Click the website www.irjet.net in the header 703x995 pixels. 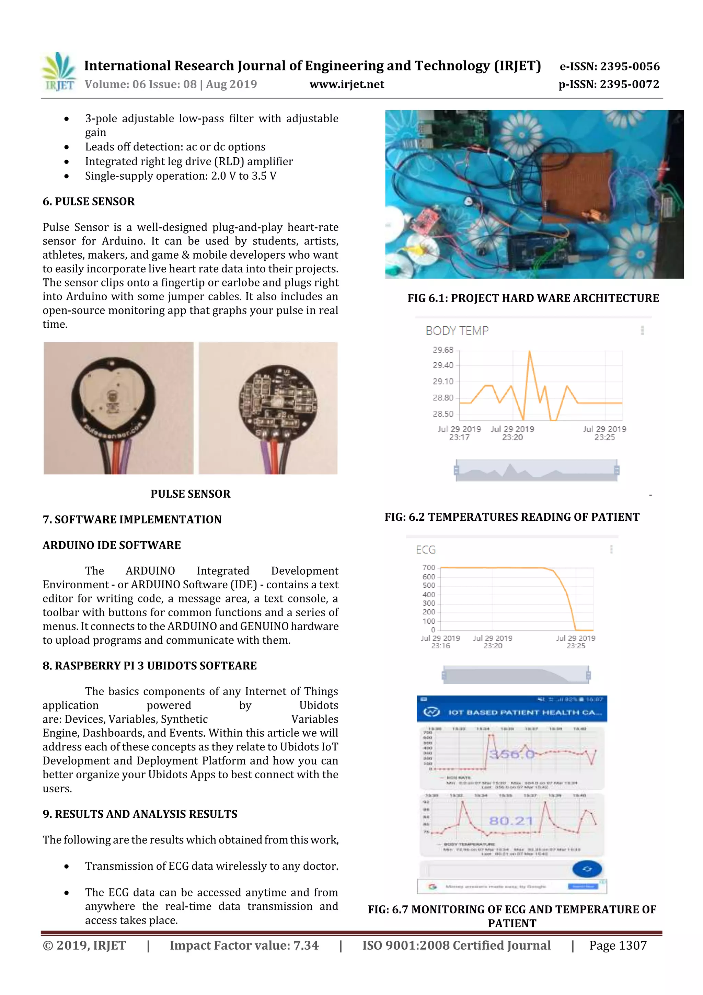[346, 84]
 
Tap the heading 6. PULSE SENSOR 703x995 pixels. [89, 202]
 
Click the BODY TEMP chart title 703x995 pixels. [457, 331]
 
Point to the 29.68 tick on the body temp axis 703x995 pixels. [443, 350]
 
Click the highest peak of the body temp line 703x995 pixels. [529, 352]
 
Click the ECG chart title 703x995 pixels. [426, 550]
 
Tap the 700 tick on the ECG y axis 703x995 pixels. [428, 567]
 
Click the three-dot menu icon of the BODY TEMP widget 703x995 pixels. [642, 331]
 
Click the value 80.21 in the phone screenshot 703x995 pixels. [511, 821]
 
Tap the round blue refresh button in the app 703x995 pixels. [587, 869]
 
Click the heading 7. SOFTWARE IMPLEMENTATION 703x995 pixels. [132, 520]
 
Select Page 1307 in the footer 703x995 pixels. [618, 946]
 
